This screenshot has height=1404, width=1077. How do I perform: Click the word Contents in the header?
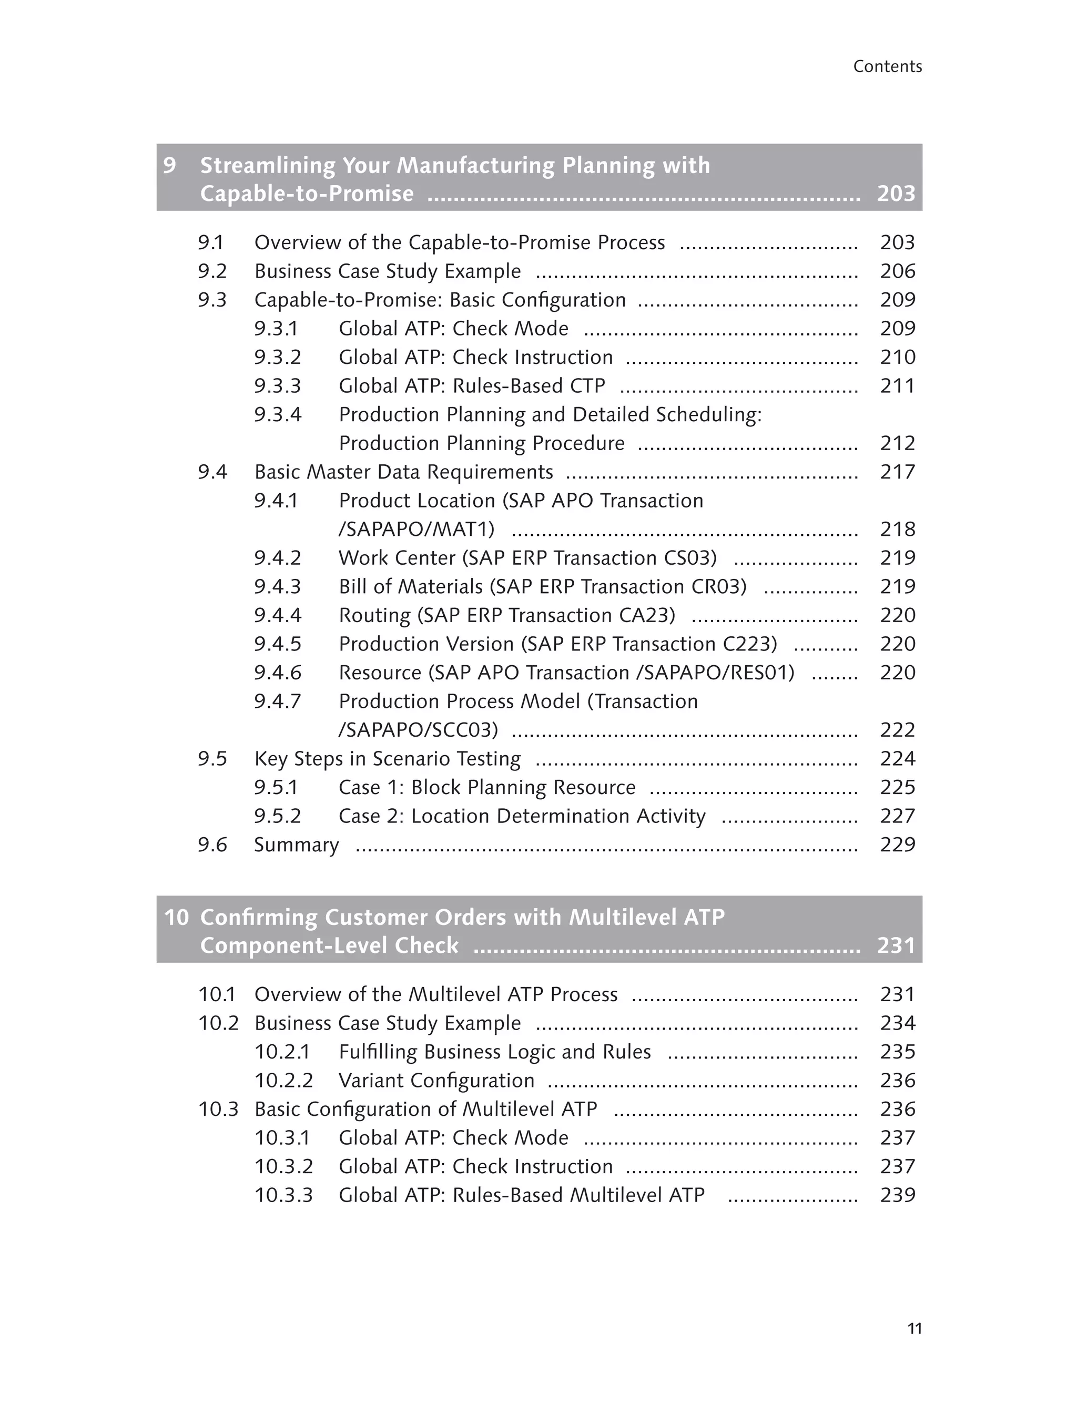887,67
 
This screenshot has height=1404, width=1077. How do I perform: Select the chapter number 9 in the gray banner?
169,166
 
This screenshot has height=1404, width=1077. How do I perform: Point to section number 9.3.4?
278,415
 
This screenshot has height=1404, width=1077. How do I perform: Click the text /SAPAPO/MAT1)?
416,530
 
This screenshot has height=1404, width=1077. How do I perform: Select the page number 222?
898,730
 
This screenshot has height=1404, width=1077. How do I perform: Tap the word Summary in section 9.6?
296,845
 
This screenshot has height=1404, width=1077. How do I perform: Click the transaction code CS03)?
690,558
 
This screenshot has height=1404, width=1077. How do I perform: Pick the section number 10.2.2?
283,1081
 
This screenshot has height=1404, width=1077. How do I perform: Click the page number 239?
898,1195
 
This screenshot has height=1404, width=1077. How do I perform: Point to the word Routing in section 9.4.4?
374,615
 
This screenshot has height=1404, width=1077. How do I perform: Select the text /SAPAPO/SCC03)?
418,730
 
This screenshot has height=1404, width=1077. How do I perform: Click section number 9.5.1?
276,787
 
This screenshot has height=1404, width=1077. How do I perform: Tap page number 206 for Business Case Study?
898,272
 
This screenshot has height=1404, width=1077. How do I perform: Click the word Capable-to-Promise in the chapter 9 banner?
307,194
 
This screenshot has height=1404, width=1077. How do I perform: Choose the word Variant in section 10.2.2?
371,1081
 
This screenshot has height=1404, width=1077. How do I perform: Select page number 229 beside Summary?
898,845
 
